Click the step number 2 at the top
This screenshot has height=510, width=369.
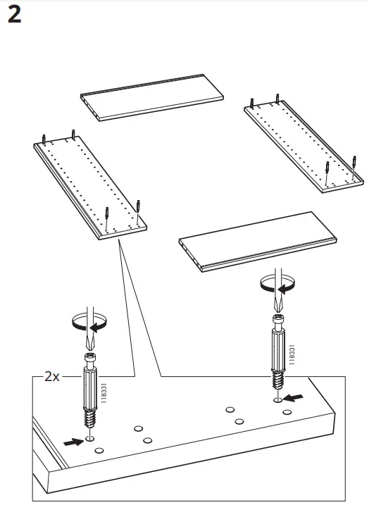[14, 15]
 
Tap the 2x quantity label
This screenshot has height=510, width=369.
[51, 376]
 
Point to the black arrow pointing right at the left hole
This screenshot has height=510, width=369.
[72, 442]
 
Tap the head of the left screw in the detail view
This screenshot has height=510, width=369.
[90, 360]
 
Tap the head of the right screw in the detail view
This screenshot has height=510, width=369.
[277, 321]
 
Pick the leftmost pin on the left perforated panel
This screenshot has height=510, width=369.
[44, 139]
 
